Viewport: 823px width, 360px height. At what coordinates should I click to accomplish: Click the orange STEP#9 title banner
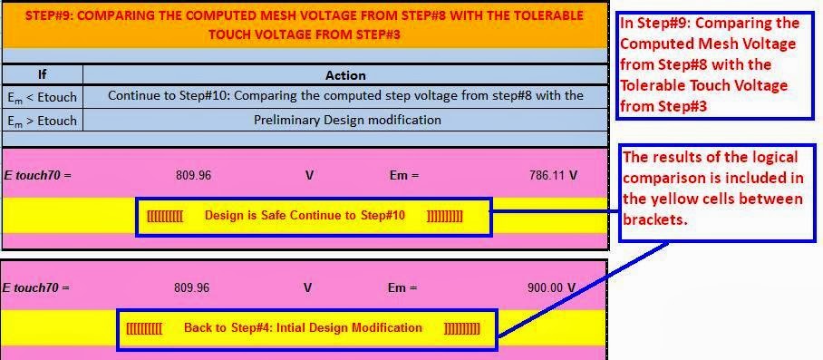305,24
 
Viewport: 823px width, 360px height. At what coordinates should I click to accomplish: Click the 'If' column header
42,75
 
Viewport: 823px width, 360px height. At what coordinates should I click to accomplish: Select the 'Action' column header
345,75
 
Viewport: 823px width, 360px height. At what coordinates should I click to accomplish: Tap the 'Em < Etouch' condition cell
43,96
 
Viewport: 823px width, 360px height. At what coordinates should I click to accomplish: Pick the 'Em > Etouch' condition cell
43,120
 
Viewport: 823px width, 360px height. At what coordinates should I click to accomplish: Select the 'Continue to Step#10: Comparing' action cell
345,95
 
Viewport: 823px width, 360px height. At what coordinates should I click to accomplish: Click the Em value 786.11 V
553,175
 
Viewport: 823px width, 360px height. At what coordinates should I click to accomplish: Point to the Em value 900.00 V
552,287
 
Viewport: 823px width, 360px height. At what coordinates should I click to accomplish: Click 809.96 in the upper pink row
192,175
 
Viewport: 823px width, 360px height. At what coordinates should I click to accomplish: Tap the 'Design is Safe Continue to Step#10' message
305,216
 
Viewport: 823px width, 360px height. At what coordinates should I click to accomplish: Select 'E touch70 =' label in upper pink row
36,175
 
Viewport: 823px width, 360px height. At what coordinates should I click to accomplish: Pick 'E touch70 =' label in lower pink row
36,287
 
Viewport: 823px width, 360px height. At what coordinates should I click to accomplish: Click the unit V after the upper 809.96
309,175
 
